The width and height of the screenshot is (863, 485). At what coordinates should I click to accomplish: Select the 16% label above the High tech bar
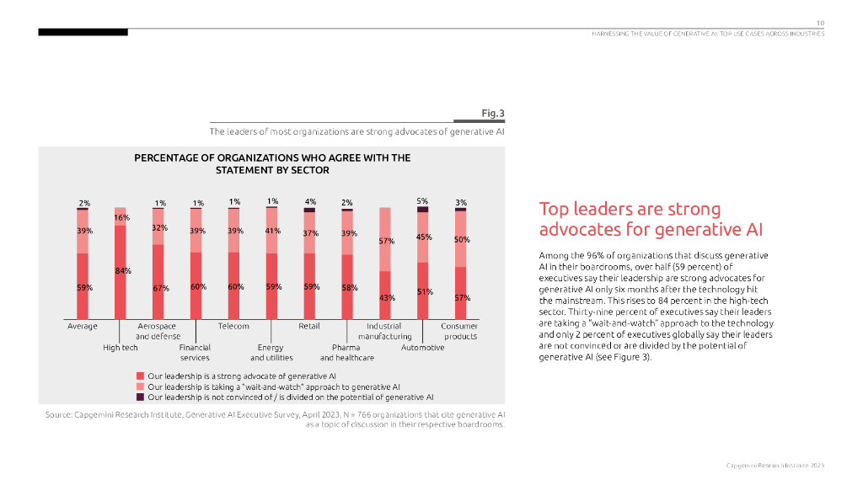click(121, 218)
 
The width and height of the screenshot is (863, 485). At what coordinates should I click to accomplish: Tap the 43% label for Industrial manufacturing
click(387, 297)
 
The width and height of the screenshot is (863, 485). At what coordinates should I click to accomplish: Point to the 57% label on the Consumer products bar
click(462, 297)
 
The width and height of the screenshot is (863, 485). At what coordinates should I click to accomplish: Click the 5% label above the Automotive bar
click(422, 201)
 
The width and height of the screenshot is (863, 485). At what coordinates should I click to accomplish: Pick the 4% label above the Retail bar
click(310, 201)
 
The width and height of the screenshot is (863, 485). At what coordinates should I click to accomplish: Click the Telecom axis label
click(233, 326)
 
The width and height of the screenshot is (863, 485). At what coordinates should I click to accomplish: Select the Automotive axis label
click(422, 347)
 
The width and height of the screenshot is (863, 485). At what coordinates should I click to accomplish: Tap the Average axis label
click(83, 326)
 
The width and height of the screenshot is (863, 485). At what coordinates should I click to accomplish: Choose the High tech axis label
click(121, 347)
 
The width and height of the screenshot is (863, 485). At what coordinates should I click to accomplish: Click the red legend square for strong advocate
click(140, 376)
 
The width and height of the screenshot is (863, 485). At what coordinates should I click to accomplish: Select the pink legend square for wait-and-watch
click(140, 386)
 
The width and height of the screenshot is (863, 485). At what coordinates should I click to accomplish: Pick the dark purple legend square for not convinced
click(140, 396)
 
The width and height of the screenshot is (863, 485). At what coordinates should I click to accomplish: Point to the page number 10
click(819, 22)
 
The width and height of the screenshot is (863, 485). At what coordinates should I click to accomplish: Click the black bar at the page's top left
click(83, 32)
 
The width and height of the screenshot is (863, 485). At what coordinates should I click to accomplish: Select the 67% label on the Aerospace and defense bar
click(160, 288)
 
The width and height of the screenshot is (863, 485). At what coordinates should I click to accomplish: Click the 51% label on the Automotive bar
click(424, 291)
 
